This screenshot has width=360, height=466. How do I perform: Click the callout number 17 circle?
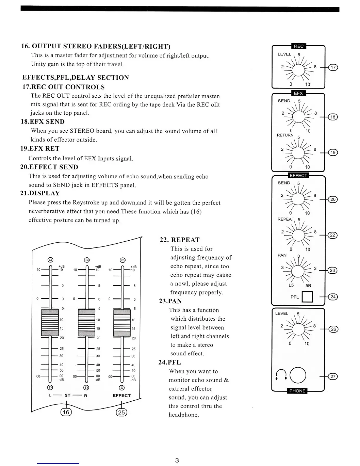[333, 67]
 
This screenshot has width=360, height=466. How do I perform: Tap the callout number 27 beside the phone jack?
[333, 377]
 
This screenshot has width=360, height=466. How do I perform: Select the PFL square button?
[307, 297]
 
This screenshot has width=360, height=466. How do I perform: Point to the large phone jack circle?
[298, 375]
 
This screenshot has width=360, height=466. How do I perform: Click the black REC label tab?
[299, 46]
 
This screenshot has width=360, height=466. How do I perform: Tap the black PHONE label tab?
[297, 391]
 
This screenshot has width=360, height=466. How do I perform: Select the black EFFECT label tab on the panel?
[298, 175]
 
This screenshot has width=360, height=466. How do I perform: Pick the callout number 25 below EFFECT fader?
[121, 412]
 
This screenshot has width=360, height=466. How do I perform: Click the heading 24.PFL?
[170, 362]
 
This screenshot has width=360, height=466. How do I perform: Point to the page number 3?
[177, 460]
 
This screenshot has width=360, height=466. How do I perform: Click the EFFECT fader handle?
[122, 322]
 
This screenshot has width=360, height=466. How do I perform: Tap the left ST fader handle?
[50, 322]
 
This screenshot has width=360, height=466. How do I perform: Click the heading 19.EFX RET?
[40, 149]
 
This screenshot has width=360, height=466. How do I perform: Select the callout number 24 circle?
[333, 297]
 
